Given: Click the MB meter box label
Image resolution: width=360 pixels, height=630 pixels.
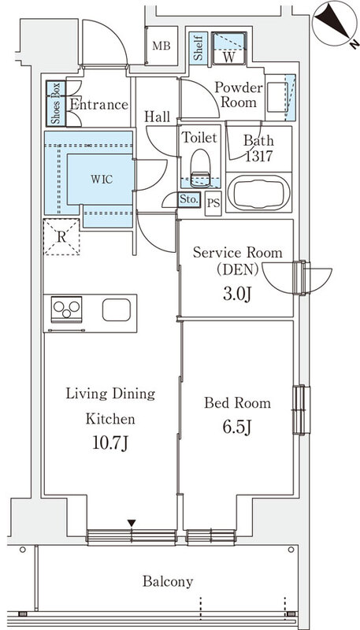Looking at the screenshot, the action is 161,46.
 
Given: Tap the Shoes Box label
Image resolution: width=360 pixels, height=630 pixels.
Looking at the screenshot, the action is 56,103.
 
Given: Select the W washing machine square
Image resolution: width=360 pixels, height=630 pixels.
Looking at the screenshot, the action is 228,48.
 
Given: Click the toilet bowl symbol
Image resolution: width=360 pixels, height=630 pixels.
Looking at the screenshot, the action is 200,169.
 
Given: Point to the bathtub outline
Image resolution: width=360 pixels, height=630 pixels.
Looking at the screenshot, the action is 258,192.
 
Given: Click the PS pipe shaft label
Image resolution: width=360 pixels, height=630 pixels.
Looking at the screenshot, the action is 213,203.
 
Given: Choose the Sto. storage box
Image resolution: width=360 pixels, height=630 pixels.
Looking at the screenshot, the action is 189,200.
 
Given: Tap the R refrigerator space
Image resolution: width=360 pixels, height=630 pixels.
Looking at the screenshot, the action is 61,237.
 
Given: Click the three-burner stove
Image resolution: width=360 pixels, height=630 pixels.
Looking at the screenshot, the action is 67,309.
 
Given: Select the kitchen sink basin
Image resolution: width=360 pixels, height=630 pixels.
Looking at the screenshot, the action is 117,309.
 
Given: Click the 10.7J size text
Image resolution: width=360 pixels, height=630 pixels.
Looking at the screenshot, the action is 110,443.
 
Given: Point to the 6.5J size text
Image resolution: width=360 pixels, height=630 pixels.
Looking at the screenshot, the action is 237,428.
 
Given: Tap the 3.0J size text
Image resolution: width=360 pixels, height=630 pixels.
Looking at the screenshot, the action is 237,295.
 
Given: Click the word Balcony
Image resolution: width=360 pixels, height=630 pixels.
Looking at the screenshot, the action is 168,581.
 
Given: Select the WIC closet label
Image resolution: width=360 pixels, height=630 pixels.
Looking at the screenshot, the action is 102,180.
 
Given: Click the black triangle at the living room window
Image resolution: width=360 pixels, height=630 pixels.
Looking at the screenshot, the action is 132,523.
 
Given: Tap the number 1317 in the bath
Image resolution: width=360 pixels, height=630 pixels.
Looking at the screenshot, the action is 258,156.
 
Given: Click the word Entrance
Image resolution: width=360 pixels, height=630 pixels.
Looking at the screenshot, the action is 98,105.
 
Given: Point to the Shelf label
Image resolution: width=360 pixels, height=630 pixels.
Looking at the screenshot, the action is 198,48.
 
